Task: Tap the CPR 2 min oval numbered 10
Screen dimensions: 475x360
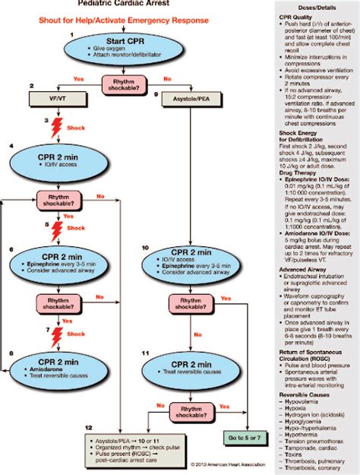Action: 190,261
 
